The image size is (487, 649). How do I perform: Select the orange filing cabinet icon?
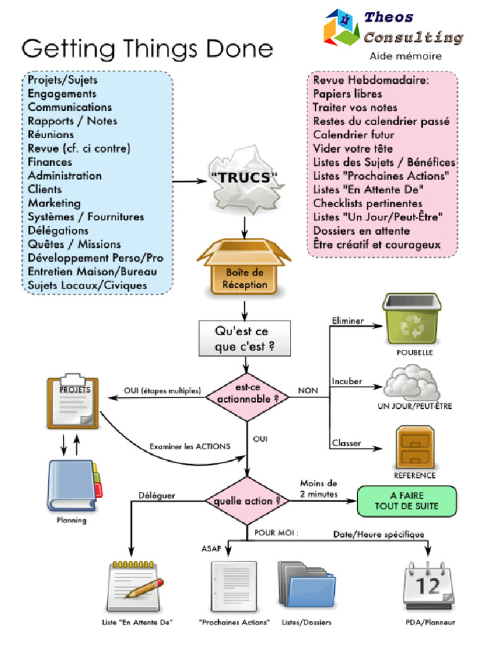point(415,447)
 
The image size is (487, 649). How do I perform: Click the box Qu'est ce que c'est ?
point(245,339)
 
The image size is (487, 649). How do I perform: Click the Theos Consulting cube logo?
point(341,28)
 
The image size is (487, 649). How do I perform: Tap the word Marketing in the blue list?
point(54,203)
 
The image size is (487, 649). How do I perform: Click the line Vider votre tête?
point(353,148)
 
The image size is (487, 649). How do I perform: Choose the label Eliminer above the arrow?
point(347,321)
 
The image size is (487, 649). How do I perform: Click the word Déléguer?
point(157,495)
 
